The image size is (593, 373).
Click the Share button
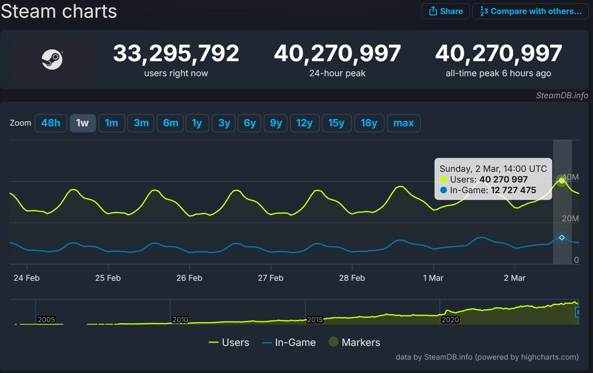click(446, 11)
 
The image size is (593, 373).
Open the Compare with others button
click(530, 11)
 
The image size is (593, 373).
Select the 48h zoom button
click(51, 123)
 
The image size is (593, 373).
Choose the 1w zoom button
click(82, 123)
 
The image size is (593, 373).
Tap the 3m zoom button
click(141, 123)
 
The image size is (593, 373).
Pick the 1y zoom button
click(197, 123)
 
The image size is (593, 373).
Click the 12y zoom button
click(304, 123)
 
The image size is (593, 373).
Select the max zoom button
click(403, 123)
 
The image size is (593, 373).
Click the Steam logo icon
click(52, 59)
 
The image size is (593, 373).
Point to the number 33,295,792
click(176, 53)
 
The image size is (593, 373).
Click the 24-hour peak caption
click(337, 73)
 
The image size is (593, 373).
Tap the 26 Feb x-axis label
click(189, 278)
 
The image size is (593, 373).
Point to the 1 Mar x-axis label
click(433, 278)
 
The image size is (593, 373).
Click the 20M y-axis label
click(570, 219)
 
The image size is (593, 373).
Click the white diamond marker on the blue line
click(562, 238)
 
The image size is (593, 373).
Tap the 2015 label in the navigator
click(315, 320)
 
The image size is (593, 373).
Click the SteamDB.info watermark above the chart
click(562, 96)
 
